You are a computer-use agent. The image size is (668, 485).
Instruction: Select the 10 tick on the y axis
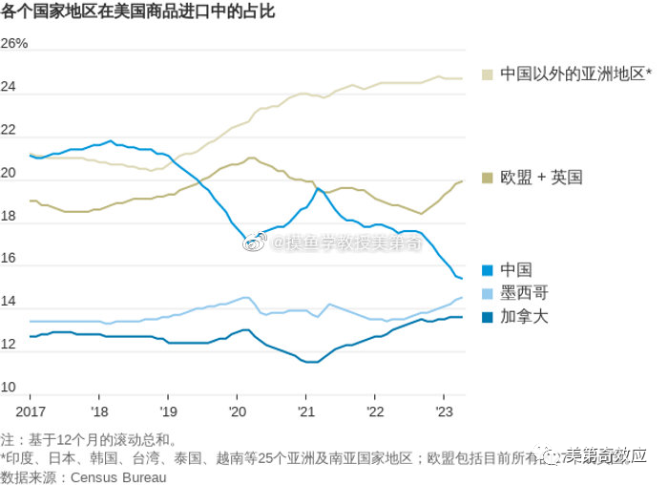click(9, 388)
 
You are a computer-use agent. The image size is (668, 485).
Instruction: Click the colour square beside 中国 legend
click(488, 270)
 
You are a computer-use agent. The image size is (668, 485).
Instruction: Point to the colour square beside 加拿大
click(488, 316)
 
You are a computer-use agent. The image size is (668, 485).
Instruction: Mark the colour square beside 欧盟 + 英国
click(488, 178)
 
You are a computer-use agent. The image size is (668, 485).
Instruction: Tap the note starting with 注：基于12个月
click(89, 440)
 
